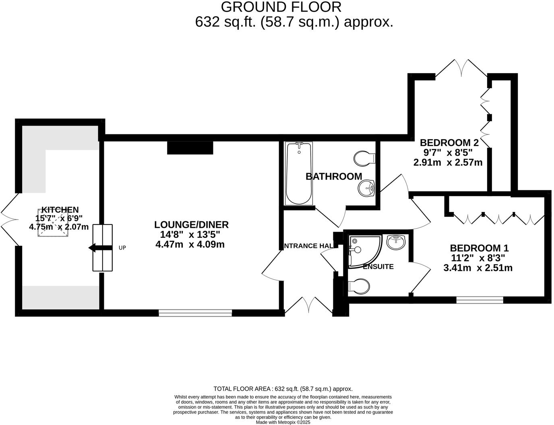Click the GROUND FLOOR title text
(281, 7)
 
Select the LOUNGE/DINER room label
(191, 225)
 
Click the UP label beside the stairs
(122, 248)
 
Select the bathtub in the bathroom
(299, 174)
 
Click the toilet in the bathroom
(364, 158)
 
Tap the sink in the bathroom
(367, 188)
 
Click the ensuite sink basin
(396, 242)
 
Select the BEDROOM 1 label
(477, 248)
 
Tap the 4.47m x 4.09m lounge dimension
(190, 244)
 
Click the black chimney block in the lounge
(190, 148)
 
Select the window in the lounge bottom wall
(195, 313)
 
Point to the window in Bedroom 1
(480, 300)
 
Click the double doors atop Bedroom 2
(461, 68)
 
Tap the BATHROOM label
(334, 176)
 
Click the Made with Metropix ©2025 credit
(283, 422)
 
